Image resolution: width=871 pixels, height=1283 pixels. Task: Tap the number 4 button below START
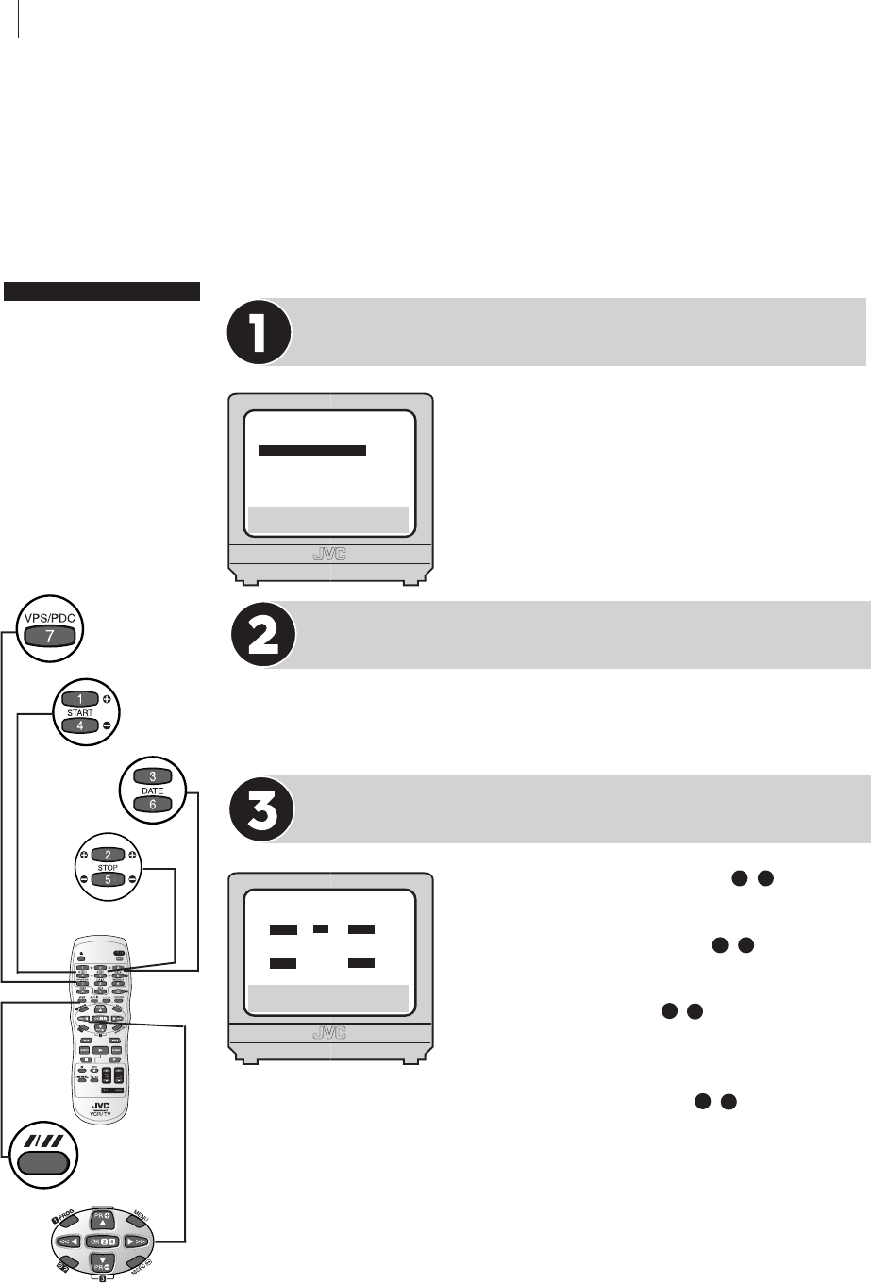click(80, 726)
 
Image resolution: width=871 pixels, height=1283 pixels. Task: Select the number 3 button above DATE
click(153, 776)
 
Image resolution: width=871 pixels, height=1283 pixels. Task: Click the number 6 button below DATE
click(153, 805)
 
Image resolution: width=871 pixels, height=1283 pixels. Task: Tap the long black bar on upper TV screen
click(311, 451)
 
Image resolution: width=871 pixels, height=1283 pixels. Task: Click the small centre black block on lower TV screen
click(321, 929)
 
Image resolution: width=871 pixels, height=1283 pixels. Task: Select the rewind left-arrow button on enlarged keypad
click(63, 1239)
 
